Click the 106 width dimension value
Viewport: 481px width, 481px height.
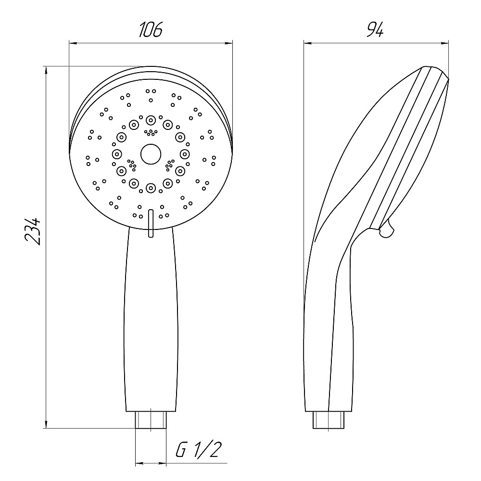[x=151, y=30]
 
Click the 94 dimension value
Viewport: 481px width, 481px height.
[x=375, y=30]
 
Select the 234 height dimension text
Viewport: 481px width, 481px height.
[x=33, y=231]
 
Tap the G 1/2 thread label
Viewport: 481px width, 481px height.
[x=199, y=450]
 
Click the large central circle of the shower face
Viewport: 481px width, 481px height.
[x=151, y=154]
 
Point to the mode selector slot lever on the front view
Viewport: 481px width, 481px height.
[x=151, y=223]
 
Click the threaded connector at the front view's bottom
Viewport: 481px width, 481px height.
[x=151, y=419]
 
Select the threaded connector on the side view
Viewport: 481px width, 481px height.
[x=329, y=419]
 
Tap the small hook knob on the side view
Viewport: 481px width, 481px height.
[x=387, y=229]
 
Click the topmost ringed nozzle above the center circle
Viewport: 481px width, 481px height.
[x=151, y=120]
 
